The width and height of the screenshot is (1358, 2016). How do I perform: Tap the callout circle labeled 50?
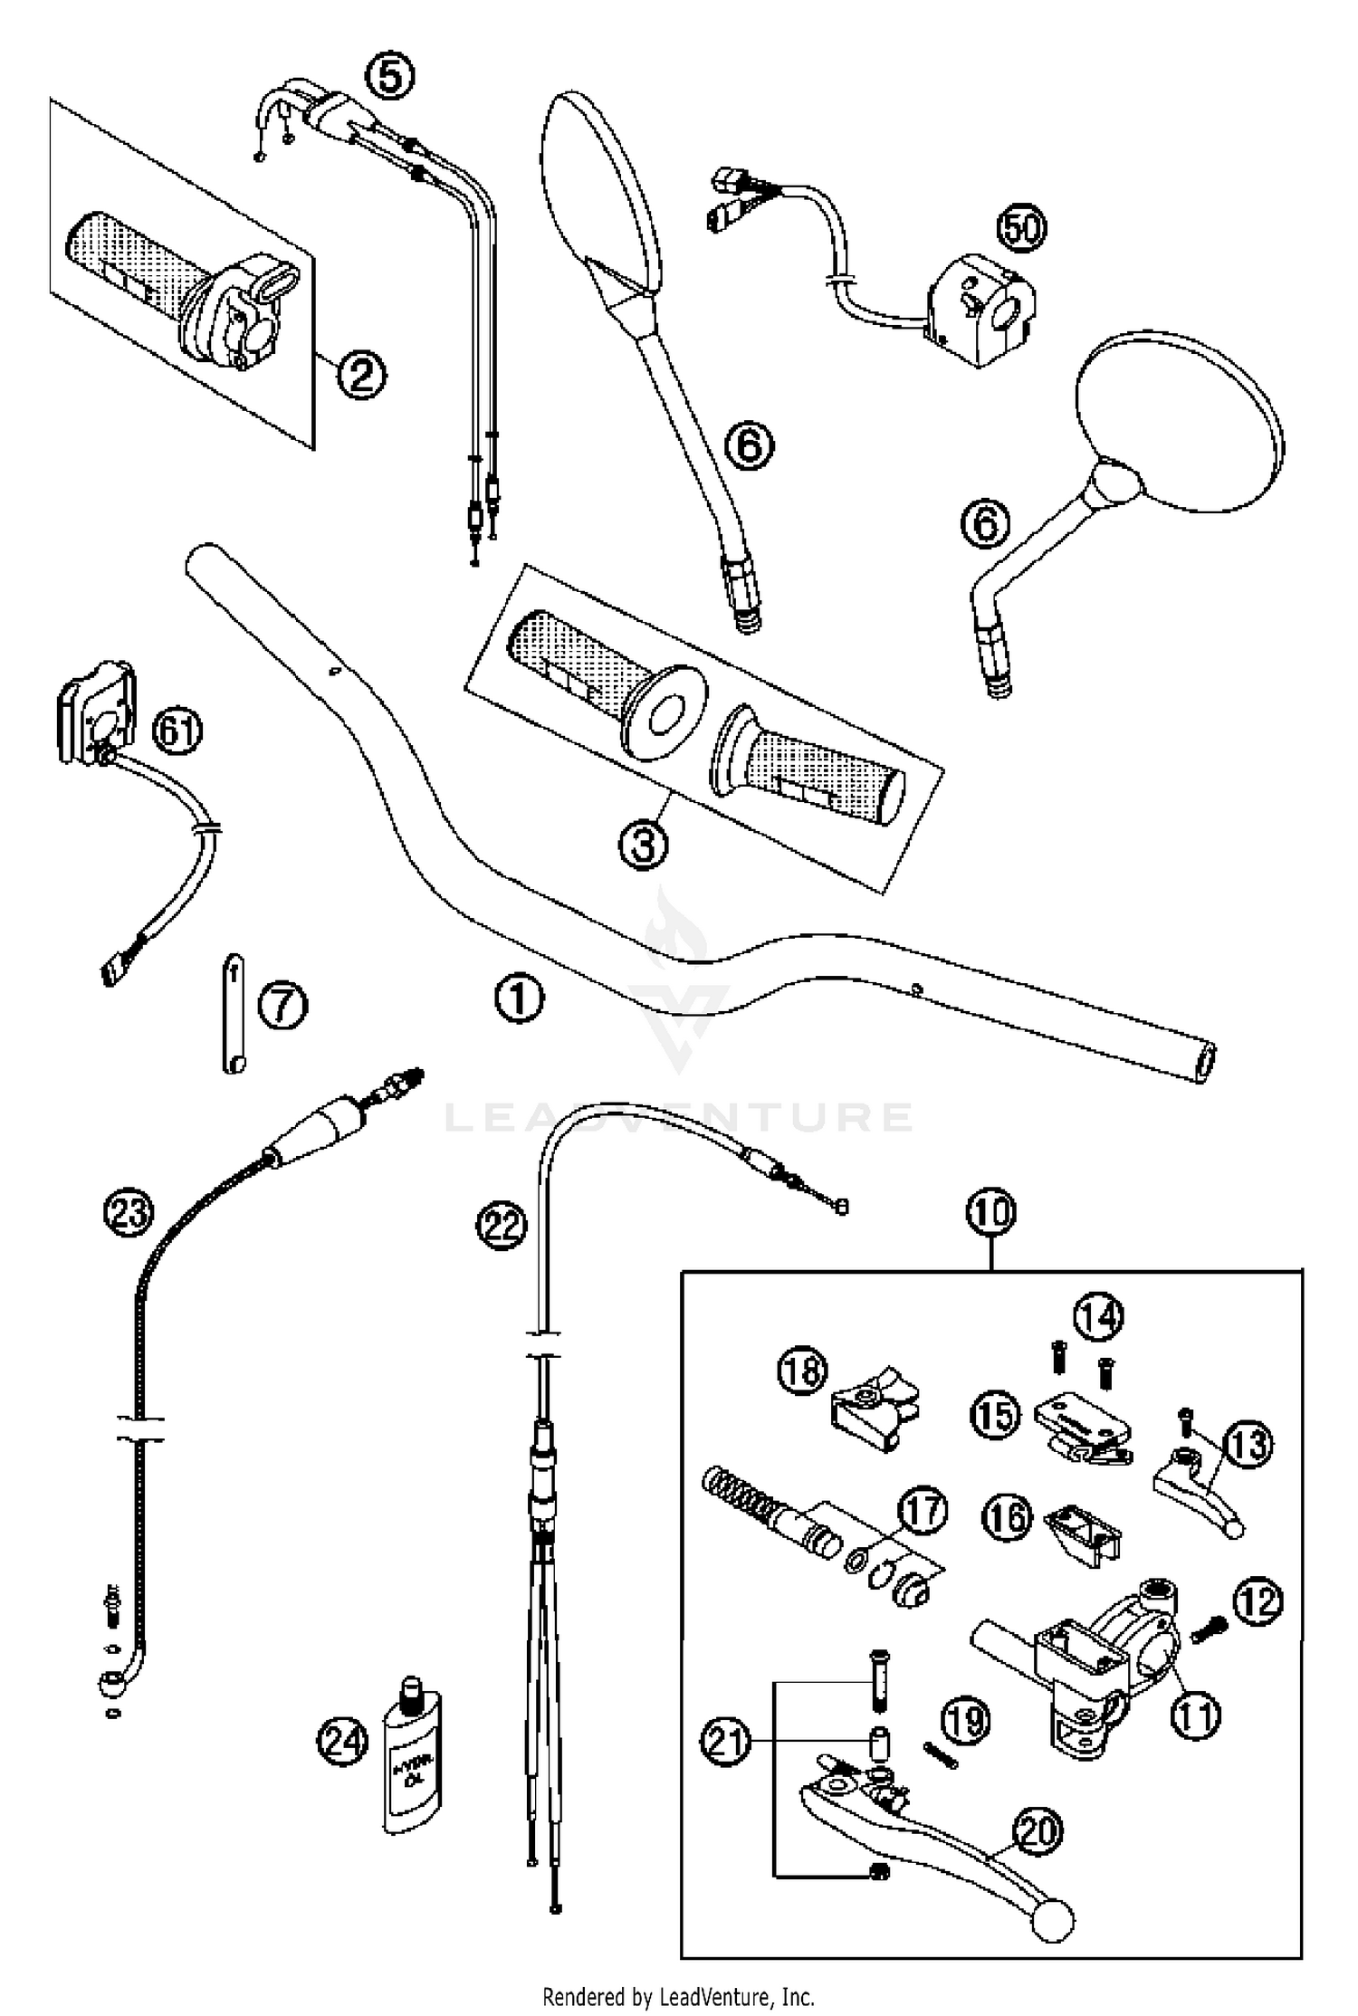tap(1021, 227)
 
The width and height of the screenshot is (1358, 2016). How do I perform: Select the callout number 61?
tap(177, 731)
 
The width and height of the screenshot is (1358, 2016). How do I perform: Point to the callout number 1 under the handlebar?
tap(519, 998)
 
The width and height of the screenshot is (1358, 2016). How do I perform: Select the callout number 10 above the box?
tap(991, 1211)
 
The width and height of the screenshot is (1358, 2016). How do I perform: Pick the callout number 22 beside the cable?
tap(502, 1226)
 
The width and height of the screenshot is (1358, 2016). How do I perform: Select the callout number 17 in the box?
tap(923, 1511)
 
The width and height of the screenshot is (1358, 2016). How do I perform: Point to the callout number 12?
tap(1258, 1602)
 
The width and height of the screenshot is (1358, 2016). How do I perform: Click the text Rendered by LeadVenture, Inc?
tap(678, 1996)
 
